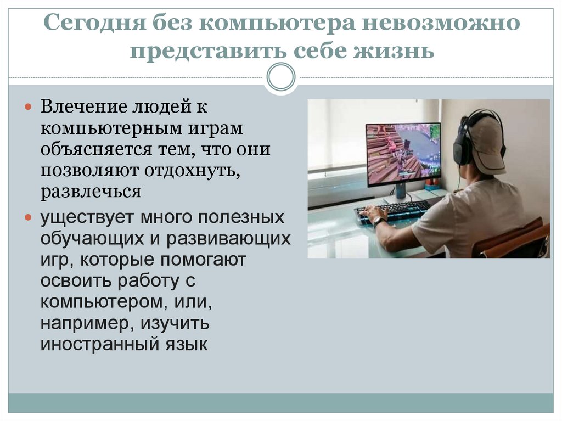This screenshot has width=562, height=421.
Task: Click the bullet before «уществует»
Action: click(30, 217)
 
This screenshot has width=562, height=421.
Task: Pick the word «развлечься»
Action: click(91, 192)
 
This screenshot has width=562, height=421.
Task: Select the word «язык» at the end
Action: click(187, 345)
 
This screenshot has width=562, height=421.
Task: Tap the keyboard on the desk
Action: click(393, 210)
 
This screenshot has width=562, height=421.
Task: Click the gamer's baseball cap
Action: click(486, 143)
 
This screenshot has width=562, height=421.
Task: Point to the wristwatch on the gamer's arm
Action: click(378, 222)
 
